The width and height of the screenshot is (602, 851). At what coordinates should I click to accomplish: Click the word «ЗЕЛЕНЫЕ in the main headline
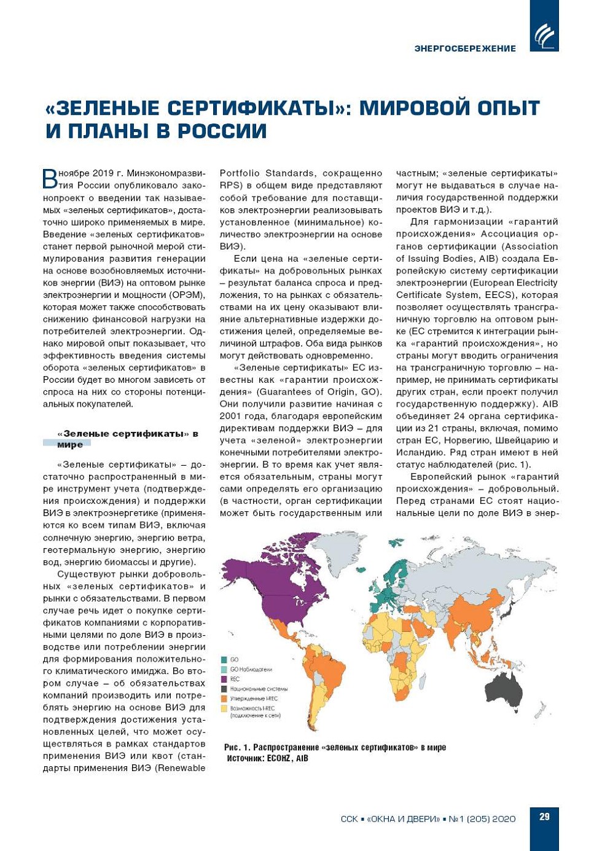103,108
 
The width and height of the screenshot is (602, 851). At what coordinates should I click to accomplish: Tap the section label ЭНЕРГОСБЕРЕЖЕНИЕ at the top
465,49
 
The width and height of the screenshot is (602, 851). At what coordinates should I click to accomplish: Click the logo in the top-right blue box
544,35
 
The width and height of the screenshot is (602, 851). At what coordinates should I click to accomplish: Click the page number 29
544,817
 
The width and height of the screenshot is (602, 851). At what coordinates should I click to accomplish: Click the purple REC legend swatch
224,679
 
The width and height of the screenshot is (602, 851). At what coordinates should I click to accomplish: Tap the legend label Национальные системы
259,689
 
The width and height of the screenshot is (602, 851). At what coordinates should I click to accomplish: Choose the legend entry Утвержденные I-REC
254,699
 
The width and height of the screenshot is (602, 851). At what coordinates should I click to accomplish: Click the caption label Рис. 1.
237,747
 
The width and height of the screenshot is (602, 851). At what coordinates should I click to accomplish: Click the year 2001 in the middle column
230,417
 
